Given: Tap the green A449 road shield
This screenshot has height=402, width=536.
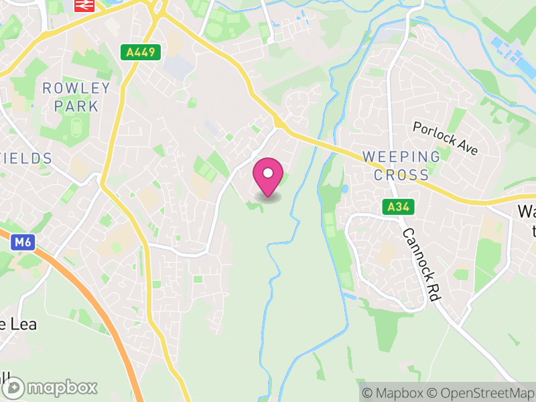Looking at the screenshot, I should (132, 52).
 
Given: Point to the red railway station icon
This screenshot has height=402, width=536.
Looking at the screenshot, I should (83, 5).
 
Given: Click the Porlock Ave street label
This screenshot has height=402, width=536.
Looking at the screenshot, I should (445, 138).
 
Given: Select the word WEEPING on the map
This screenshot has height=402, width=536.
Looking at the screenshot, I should (401, 157).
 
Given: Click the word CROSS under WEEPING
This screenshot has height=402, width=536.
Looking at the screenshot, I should (401, 176).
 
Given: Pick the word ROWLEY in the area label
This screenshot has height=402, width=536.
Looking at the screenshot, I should (76, 88).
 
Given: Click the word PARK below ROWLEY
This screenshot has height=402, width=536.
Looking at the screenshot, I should (76, 106).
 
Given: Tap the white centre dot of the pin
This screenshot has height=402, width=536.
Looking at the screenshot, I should (268, 173).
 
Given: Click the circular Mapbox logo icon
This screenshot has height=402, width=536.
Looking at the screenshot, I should (13, 387).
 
